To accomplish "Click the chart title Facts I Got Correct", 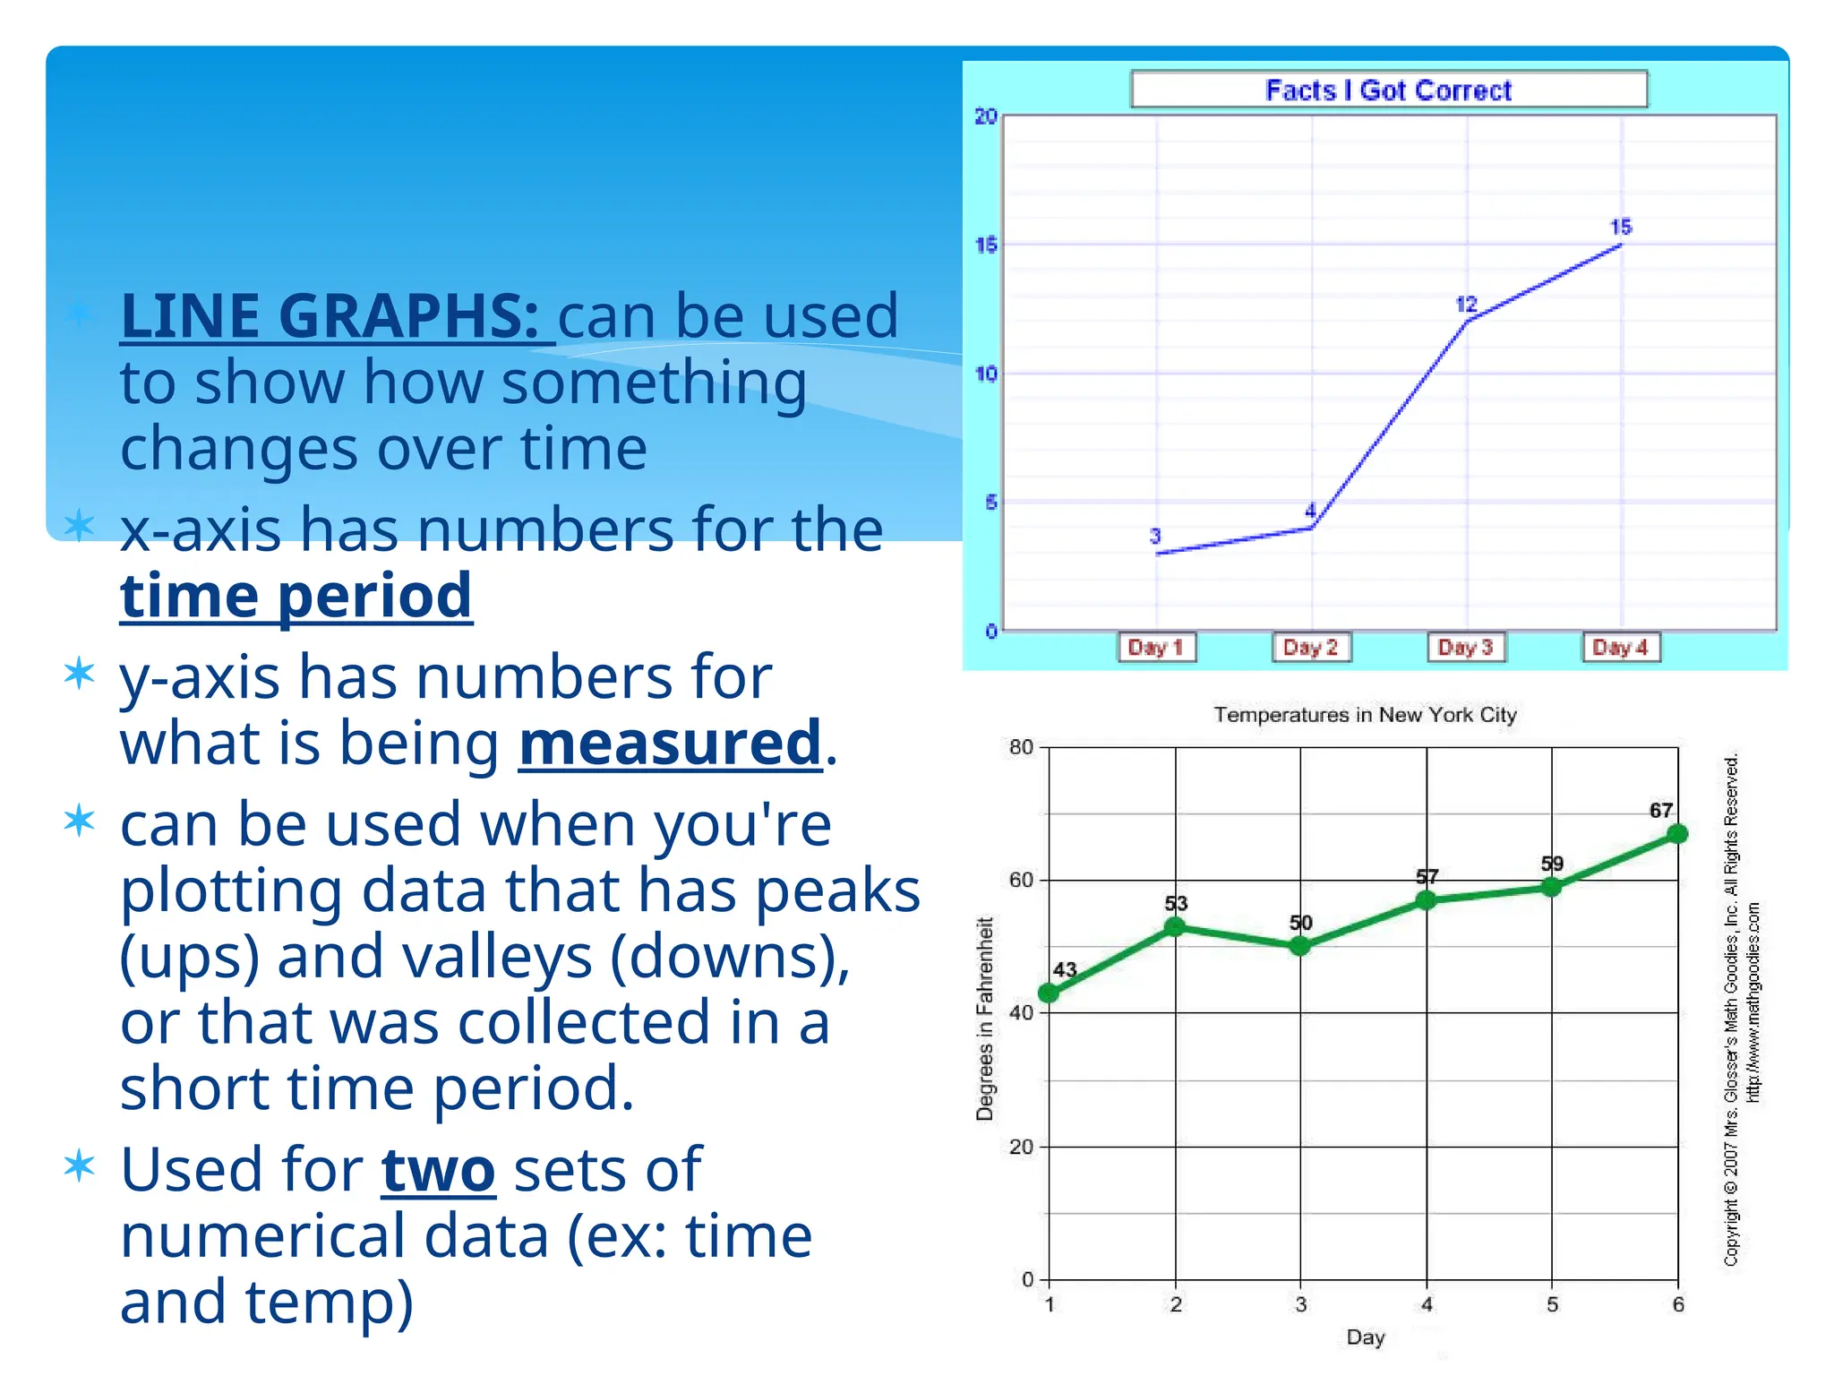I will pyautogui.click(x=1388, y=90).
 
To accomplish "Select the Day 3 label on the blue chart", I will pyautogui.click(x=1466, y=647).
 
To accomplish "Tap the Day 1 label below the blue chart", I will pyautogui.click(x=1156, y=647).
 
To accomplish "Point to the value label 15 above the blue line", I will pyautogui.click(x=1621, y=227).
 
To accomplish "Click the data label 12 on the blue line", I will pyautogui.click(x=1466, y=305).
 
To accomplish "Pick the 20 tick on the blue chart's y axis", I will pyautogui.click(x=986, y=116).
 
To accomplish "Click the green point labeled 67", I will pyautogui.click(x=1677, y=834).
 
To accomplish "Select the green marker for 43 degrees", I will pyautogui.click(x=1049, y=993).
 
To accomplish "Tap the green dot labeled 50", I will pyautogui.click(x=1300, y=946).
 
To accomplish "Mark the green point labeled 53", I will pyautogui.click(x=1175, y=927).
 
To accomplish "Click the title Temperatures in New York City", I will pyautogui.click(x=1365, y=715).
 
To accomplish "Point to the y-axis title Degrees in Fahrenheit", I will pyautogui.click(x=985, y=1019).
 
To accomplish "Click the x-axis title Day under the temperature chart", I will pyautogui.click(x=1366, y=1337).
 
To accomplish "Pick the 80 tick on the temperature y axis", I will pyautogui.click(x=1022, y=747).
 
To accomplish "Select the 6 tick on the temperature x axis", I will pyautogui.click(x=1678, y=1305).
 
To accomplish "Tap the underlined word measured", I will pyautogui.click(x=670, y=743).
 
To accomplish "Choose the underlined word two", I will pyautogui.click(x=438, y=1170).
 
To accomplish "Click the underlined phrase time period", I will pyautogui.click(x=296, y=596).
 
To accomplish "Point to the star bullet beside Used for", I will pyautogui.click(x=80, y=1165).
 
